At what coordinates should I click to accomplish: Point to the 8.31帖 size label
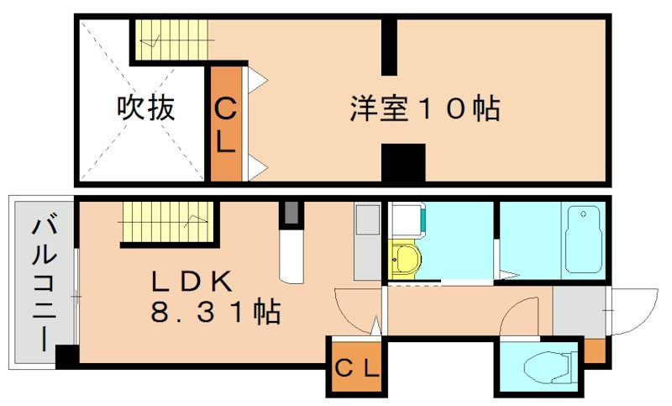pyautogui.click(x=215, y=313)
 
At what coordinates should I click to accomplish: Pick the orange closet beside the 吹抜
pyautogui.click(x=225, y=125)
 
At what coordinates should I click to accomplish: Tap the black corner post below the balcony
pyautogui.click(x=66, y=356)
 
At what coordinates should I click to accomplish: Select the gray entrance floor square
pyautogui.click(x=579, y=311)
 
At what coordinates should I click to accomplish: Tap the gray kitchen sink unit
pyautogui.click(x=367, y=240)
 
